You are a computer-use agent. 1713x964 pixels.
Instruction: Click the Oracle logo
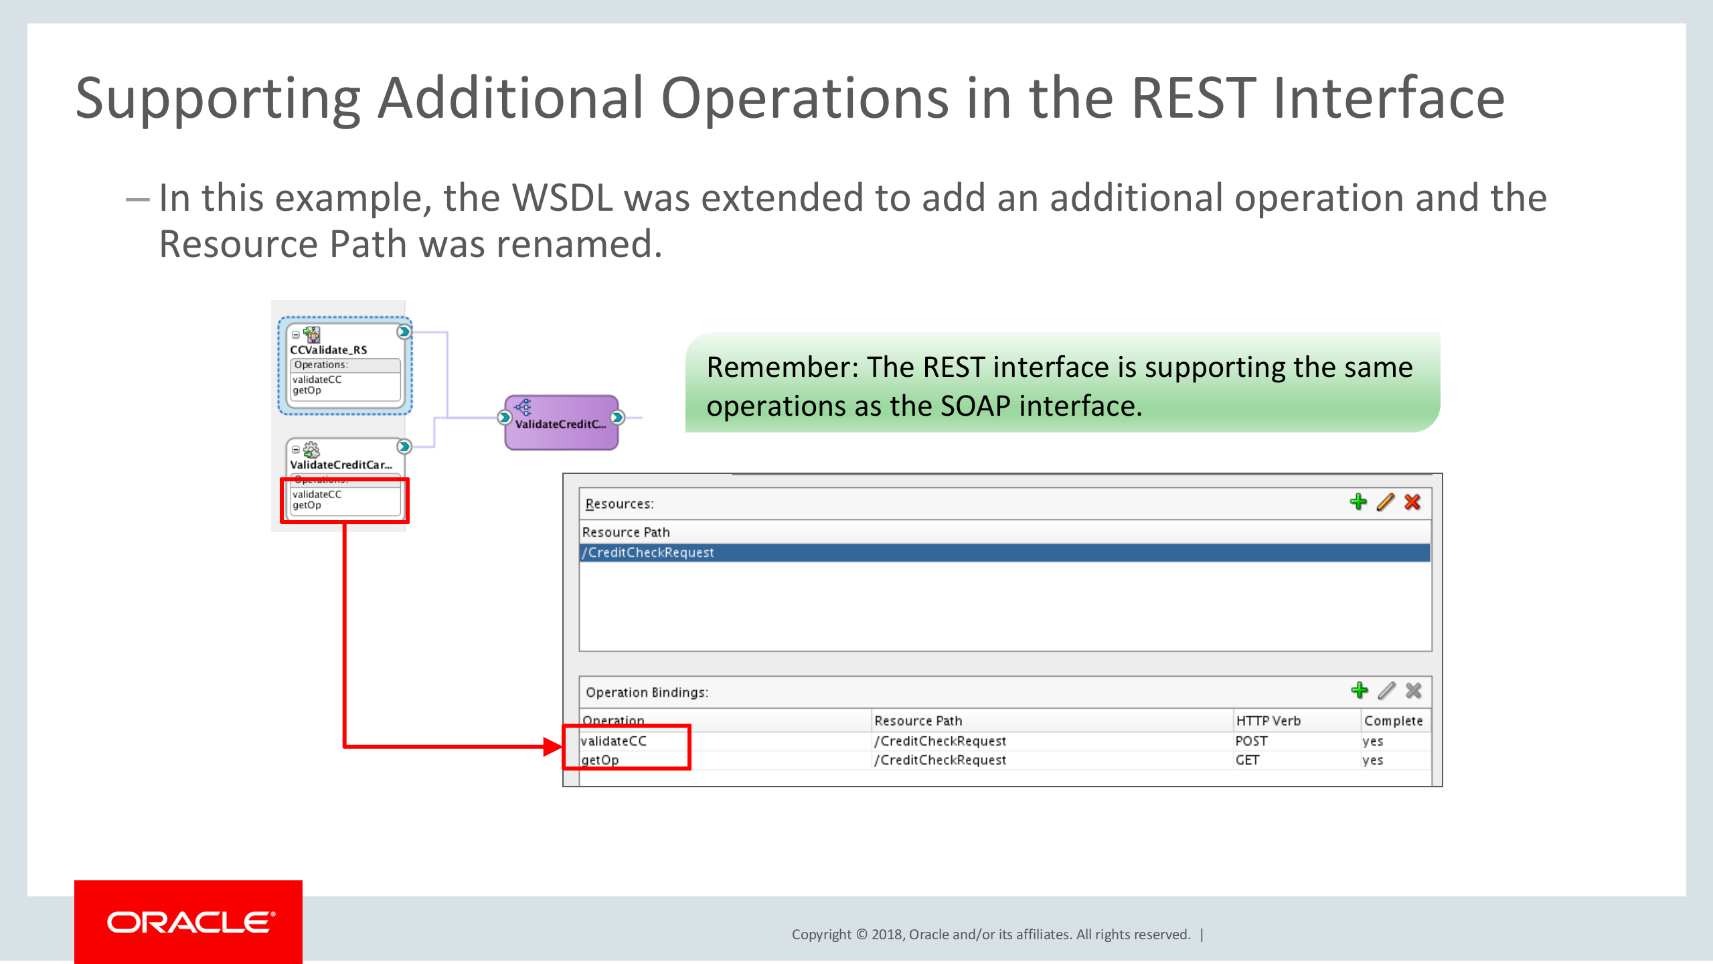coord(189,922)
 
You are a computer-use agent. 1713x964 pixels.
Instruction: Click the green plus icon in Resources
coord(1358,502)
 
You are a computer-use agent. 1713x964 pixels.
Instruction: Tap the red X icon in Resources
coord(1412,502)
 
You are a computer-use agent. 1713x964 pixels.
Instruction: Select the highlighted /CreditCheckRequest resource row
coord(1004,552)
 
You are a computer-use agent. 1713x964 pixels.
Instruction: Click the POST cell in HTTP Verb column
coord(1251,741)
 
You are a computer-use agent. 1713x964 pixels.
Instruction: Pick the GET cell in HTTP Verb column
coord(1247,760)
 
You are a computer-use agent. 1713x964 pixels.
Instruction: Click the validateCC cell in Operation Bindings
coord(613,741)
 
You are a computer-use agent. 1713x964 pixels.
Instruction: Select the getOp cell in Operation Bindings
coord(600,760)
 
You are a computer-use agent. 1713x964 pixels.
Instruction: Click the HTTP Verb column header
coord(1268,721)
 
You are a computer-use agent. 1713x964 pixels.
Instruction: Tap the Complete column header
coord(1393,721)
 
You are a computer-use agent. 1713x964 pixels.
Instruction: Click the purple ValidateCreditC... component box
coord(561,422)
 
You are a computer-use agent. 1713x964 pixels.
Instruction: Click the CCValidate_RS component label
coord(328,349)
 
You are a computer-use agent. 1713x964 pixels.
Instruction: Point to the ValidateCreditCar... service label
coord(340,465)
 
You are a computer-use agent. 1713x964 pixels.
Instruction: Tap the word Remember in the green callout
coord(781,367)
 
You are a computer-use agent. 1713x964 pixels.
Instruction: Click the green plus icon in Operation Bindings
coord(1359,690)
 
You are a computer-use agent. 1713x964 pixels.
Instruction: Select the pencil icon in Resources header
coord(1385,502)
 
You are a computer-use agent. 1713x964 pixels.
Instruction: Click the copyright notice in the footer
coord(991,935)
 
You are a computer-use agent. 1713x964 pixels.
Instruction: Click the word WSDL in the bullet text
coord(562,198)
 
